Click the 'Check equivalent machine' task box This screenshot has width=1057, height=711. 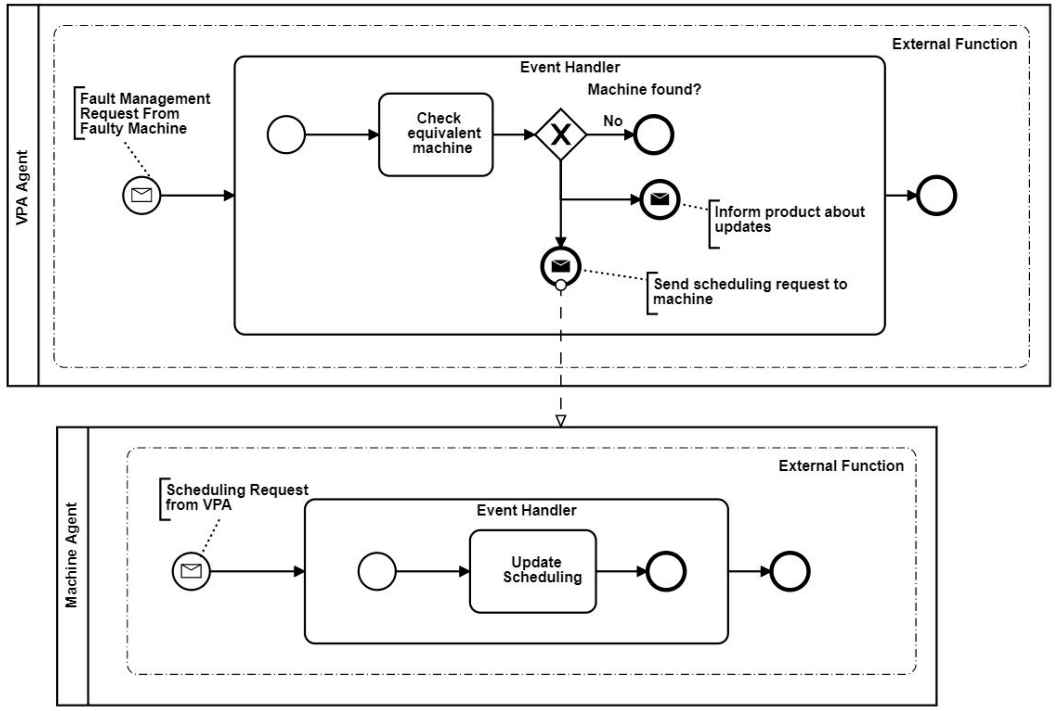pos(436,135)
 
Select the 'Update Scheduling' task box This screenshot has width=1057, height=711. pos(533,571)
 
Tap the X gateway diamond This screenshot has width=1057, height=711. pos(561,134)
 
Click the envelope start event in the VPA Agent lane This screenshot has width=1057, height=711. pos(141,195)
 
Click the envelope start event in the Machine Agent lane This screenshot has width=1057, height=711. pos(191,571)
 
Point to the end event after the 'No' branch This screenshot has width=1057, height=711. pos(653,135)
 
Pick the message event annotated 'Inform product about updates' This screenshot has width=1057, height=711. pos(660,200)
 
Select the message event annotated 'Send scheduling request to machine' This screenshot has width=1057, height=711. pos(561,266)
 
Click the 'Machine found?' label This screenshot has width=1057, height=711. pos(644,89)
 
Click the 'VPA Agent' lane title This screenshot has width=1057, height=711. pos(22,187)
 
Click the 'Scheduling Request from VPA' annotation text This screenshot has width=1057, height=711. pos(237,497)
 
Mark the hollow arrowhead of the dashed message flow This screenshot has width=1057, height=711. pos(561,421)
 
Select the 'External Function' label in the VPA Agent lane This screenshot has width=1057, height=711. pos(955,44)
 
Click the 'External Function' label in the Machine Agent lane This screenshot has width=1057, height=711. pos(841,466)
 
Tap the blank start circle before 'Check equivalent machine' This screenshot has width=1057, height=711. pos(286,135)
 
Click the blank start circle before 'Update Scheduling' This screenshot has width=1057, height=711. pos(377,571)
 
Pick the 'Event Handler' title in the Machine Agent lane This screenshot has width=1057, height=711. pos(527,510)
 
